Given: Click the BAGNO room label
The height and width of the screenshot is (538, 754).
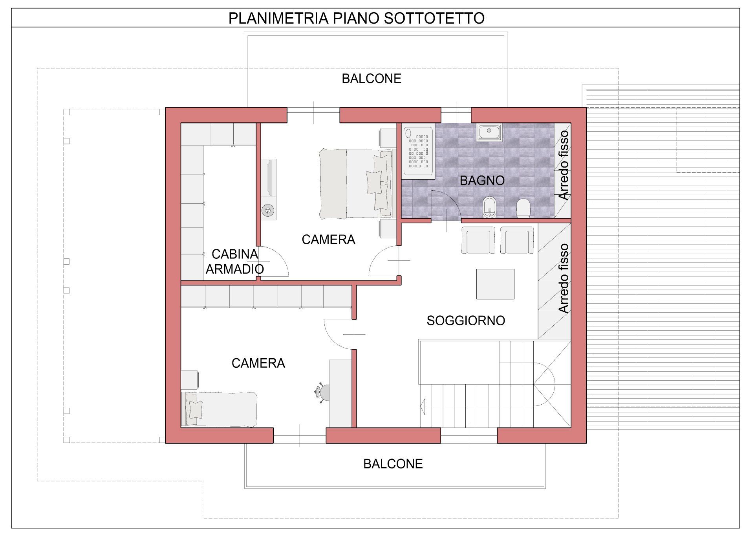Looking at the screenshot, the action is pos(482,181).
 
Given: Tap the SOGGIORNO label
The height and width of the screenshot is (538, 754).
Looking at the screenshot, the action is pos(466,321).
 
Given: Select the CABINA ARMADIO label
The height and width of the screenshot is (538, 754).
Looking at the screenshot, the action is pos(235,262).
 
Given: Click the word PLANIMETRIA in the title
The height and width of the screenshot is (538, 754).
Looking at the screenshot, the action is pos(278,18).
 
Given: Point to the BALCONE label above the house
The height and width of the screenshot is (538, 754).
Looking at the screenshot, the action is pos(372,79).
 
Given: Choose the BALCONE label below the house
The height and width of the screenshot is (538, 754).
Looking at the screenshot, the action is pos(393,464).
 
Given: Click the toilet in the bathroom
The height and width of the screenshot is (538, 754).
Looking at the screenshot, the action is pos(523,208).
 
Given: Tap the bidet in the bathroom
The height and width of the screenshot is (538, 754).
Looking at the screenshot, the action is pos(489,207).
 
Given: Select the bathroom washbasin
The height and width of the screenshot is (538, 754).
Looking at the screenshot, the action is pos(489,132).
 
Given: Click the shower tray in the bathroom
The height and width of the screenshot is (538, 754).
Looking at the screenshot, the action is pos(419,152).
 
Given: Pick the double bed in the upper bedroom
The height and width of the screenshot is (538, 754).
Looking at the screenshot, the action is pos(355,184).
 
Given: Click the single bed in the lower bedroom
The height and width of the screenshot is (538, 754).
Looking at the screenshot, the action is pos(219,409).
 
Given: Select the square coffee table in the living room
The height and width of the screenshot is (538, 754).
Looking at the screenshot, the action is pos(495,284).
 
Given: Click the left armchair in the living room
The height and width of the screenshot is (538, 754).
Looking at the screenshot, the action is pos(478,240).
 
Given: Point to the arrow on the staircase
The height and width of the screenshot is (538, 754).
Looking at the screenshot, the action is pos(423,406).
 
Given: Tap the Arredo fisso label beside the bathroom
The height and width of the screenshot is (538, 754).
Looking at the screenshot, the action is pos(563,165).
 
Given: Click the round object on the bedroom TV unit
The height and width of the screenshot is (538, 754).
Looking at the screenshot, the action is pos(269,211).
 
